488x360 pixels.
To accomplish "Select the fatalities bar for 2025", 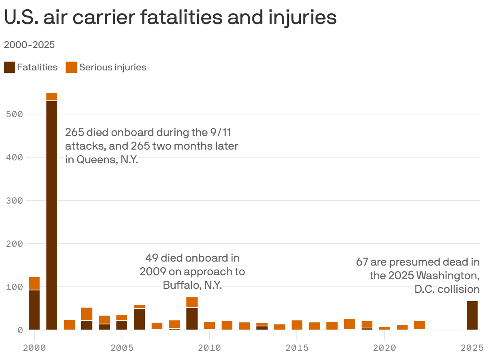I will [x=472, y=316].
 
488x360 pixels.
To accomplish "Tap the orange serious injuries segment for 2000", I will [x=34, y=283].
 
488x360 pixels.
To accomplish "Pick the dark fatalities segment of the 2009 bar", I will [x=192, y=319].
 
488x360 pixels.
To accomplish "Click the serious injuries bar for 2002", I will [x=69, y=325].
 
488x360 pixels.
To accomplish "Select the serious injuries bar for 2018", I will [x=350, y=324].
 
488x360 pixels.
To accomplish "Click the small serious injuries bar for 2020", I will [x=384, y=328].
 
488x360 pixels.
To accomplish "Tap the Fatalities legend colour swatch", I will [x=9, y=67].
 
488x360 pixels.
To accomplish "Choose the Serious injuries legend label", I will [x=112, y=67].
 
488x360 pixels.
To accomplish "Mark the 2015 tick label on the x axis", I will [x=297, y=348].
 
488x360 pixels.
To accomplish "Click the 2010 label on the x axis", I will [x=209, y=348].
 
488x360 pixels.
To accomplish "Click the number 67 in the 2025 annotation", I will [x=362, y=262].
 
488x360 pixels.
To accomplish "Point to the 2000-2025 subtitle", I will [x=29, y=45].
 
